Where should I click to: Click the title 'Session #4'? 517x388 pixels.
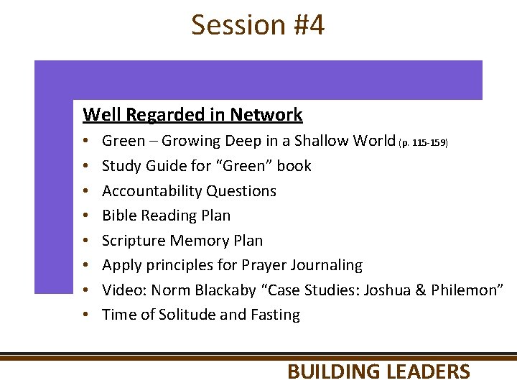point(258,25)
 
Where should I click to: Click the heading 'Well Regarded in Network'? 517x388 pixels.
point(192,115)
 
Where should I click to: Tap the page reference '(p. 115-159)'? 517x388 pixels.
point(423,143)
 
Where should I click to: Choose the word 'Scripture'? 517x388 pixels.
point(134,241)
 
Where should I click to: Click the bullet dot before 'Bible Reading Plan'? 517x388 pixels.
point(85,216)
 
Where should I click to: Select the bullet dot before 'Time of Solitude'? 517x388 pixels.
point(85,315)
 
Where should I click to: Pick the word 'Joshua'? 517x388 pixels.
point(387,290)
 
